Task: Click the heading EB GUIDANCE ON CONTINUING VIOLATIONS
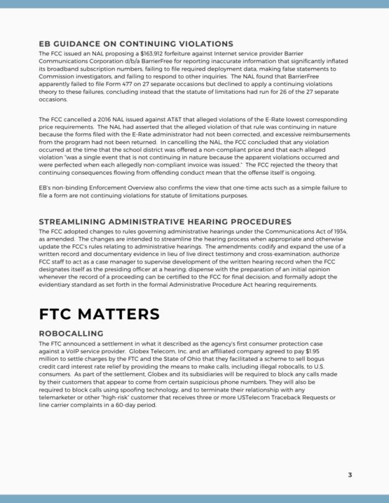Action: pyautogui.click(x=136, y=44)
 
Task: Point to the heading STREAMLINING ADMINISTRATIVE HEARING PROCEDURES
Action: pyautogui.click(x=165, y=222)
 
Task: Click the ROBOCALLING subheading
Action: pyautogui.click(x=71, y=334)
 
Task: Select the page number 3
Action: pyautogui.click(x=350, y=475)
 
